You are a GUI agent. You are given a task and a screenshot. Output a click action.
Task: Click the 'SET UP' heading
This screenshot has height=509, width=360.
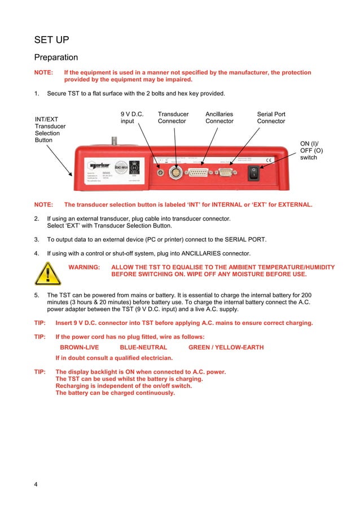click(x=52, y=40)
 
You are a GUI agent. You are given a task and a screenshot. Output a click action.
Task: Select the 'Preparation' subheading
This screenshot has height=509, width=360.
click(x=56, y=58)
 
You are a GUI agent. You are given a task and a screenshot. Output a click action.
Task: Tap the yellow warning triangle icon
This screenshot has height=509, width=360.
click(x=47, y=274)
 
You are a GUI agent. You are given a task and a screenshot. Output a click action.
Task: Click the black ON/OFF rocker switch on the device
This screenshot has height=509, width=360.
click(x=254, y=172)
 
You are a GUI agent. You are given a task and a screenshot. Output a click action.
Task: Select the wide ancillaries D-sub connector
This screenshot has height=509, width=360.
click(x=200, y=171)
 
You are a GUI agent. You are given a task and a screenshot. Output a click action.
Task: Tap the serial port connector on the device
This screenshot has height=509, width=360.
click(x=225, y=171)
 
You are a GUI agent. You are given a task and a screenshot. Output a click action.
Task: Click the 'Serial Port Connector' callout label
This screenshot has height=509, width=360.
click(x=271, y=117)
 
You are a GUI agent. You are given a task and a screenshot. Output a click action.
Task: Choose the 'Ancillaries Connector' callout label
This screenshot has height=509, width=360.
click(x=219, y=117)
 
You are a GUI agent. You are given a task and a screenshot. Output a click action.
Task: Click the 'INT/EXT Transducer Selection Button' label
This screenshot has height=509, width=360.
click(x=50, y=130)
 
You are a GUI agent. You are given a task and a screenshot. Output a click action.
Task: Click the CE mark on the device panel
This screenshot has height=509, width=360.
click(x=269, y=160)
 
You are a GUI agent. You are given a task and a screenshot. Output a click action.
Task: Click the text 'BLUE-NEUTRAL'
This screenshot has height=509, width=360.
click(x=143, y=347)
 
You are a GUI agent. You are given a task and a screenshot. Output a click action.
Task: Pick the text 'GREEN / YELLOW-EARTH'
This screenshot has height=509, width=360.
click(x=226, y=347)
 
